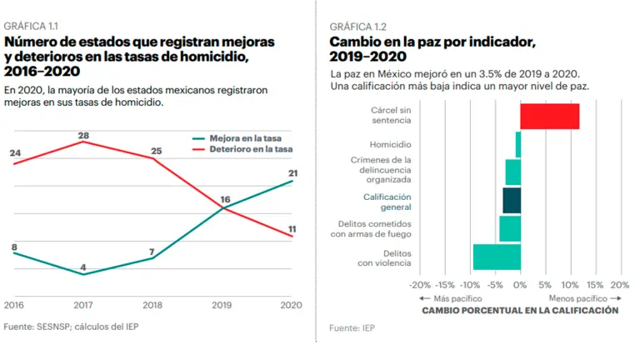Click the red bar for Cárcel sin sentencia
pos(549,117)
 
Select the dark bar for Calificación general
pos(512,201)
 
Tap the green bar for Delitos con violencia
pos(497,257)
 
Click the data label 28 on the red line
pos(83,136)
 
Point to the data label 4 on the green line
pos(83,268)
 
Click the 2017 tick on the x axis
pos(83,306)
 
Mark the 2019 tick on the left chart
pos(222,306)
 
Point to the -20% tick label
pos(422,284)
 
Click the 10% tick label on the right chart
pos(571,284)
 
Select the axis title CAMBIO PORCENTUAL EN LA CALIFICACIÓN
pos(520,310)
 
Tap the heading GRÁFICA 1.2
pos(358,27)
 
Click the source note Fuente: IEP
pos(352,329)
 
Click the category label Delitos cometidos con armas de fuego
pos(370,229)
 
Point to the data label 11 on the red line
pos(292,228)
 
